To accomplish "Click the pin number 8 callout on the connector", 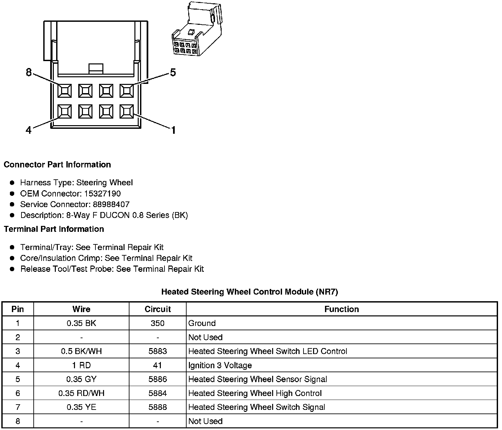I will (29, 72).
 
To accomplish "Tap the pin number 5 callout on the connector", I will (173, 72).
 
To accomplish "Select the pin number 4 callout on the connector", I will (29, 130).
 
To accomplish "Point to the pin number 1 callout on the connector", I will (173, 130).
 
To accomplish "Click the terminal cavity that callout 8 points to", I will (64, 90).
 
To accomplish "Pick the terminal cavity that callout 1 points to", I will (126, 111).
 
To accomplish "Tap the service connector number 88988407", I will (109, 204).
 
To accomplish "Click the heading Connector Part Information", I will (57, 164).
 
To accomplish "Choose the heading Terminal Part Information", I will (54, 229).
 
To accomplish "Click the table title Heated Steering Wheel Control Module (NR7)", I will (250, 292).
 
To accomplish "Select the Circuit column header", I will (158, 309).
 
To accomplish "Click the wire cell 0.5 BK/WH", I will (81, 351).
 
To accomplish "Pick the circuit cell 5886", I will (158, 379).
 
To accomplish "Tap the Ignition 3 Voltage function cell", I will (220, 365).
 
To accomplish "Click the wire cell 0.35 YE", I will (81, 407).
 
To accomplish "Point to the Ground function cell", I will (202, 323).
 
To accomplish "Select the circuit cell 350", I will (158, 323).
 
